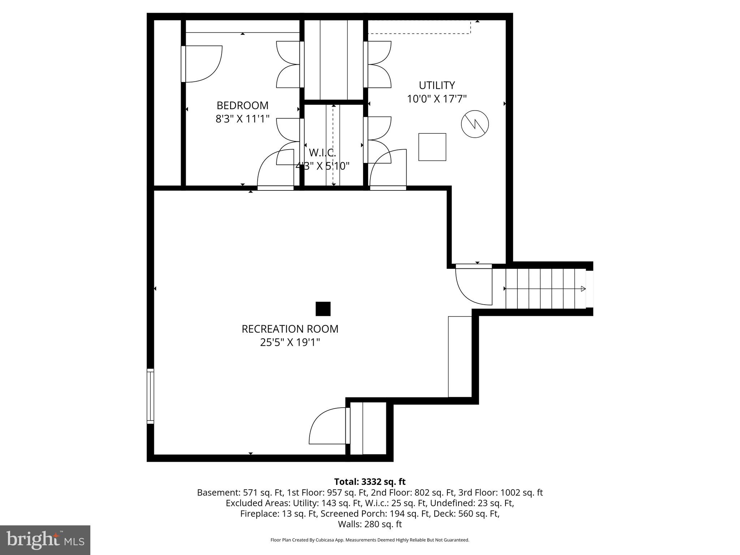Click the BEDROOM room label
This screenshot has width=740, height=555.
[242, 106]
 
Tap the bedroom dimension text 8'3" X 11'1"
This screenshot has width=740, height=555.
[242, 119]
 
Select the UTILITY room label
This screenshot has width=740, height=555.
[436, 85]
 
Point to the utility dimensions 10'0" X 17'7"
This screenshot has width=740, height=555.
[436, 99]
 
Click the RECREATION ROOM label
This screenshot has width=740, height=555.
[290, 329]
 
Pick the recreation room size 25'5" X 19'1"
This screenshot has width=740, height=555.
[290, 342]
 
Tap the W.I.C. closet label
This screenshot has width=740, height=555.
[322, 153]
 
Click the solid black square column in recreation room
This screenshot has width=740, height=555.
[323, 309]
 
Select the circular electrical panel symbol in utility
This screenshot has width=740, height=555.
[475, 124]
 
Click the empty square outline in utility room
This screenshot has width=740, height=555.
[432, 147]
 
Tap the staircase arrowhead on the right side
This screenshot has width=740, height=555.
[583, 289]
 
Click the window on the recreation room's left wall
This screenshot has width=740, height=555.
[150, 396]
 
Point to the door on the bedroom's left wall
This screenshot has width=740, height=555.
[201, 64]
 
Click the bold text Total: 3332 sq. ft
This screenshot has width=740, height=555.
[370, 482]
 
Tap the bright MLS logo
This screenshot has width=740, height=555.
[45, 540]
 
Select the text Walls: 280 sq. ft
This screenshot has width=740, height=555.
[370, 524]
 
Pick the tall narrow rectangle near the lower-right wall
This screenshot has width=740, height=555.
[460, 356]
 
